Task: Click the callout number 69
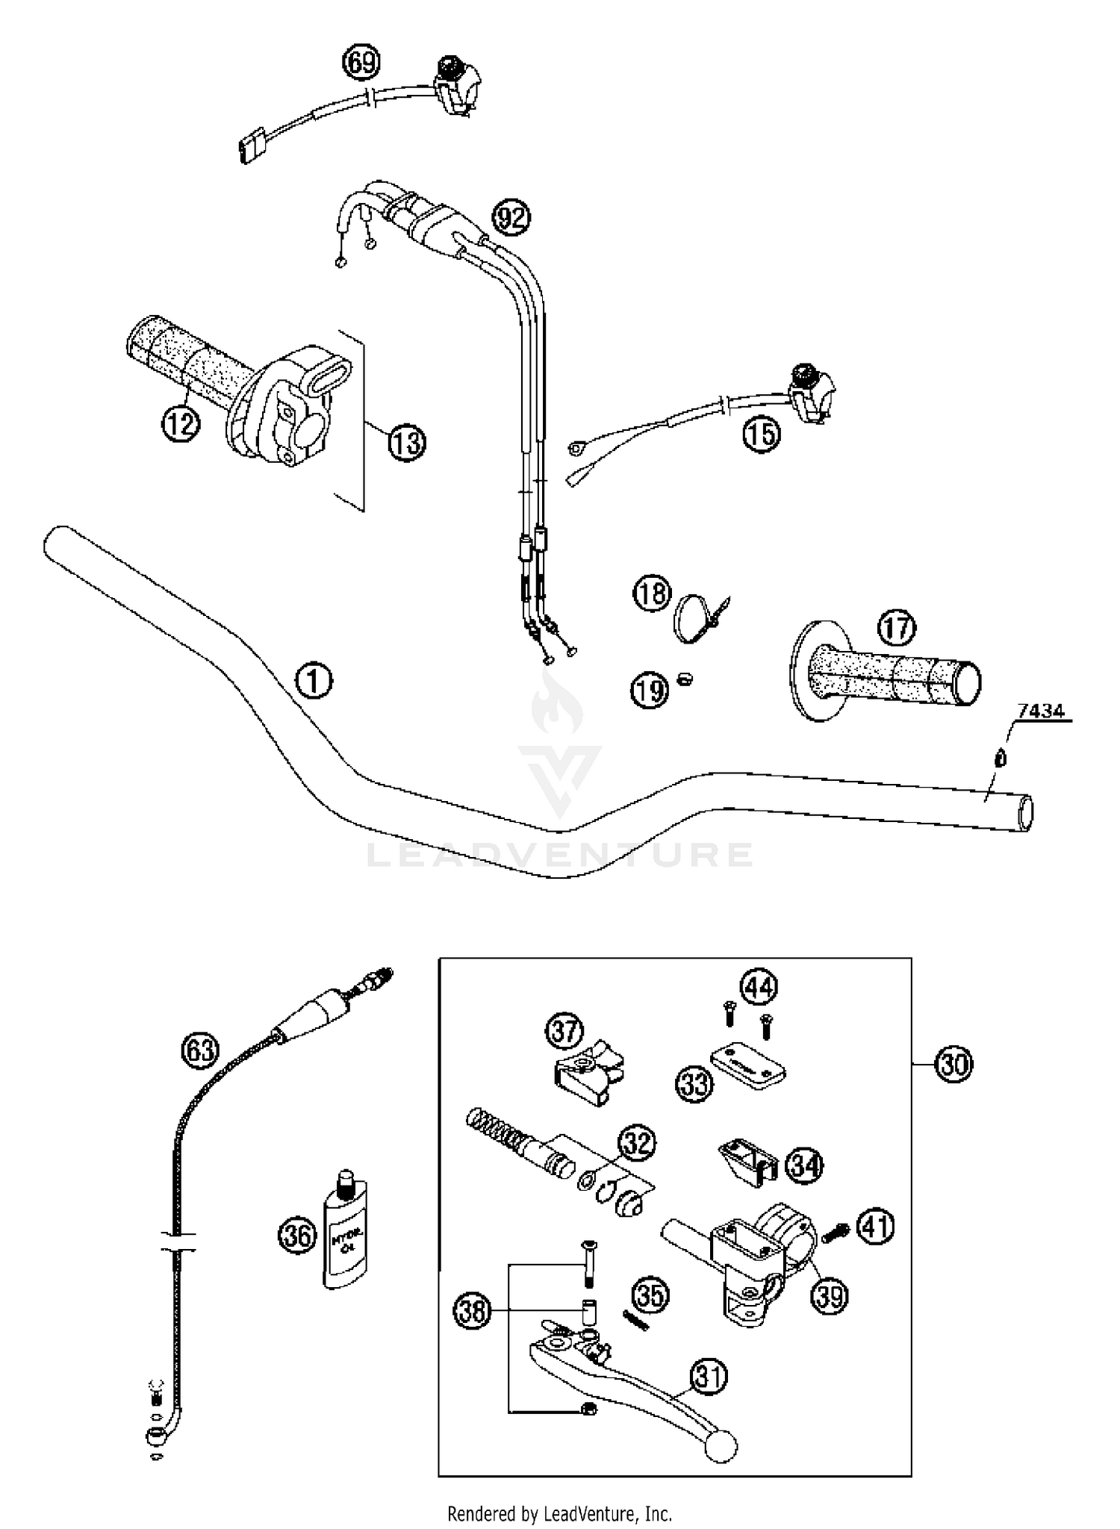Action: tap(361, 63)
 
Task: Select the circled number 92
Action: tap(511, 218)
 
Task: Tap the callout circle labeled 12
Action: tap(181, 424)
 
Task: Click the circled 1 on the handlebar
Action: tap(314, 680)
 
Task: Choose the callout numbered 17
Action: tap(896, 629)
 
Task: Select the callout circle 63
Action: tap(200, 1050)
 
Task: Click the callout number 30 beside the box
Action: tap(953, 1064)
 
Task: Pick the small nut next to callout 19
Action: tap(684, 679)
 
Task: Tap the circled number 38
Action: tap(472, 1311)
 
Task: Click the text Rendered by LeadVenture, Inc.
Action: tap(559, 1513)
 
